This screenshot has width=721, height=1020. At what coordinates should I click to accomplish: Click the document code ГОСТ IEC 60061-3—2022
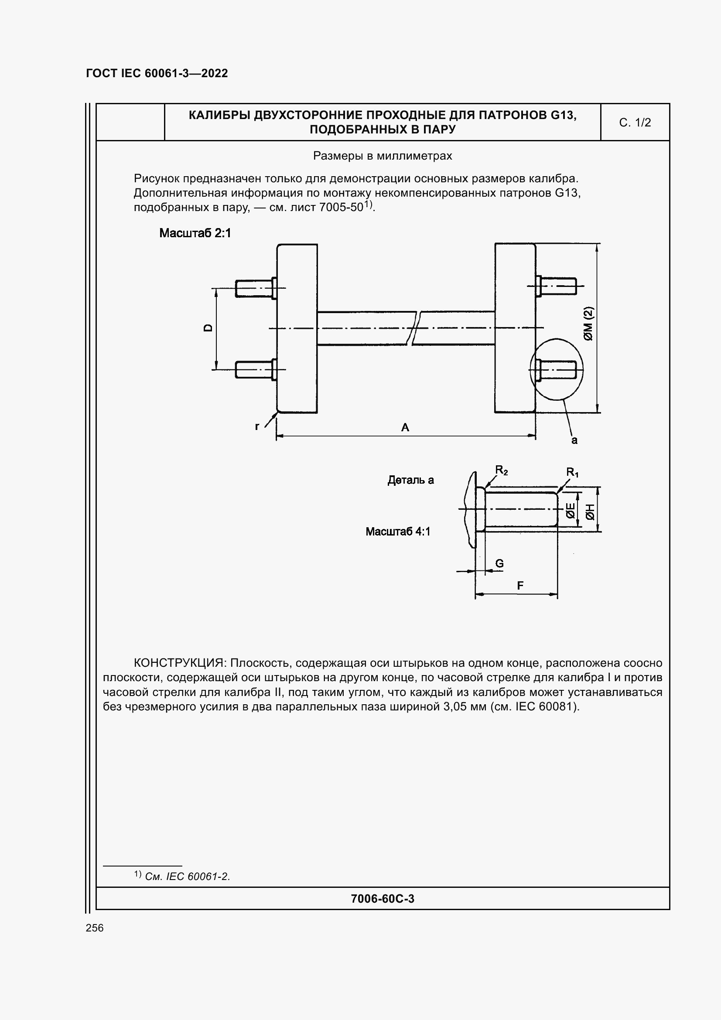[x=157, y=73]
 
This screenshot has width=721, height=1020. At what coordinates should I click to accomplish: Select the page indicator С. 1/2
[x=634, y=123]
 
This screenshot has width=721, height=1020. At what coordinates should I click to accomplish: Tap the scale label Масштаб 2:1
[x=195, y=233]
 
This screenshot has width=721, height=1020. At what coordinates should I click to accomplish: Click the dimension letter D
[x=208, y=328]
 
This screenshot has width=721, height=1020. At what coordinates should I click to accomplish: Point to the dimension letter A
[x=405, y=427]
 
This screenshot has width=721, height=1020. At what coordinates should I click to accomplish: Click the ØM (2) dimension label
[x=588, y=324]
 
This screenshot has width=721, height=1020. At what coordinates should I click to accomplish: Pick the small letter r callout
[x=257, y=426]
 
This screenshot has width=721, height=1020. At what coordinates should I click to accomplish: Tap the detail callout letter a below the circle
[x=574, y=440]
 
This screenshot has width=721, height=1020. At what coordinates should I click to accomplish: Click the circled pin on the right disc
[x=557, y=369]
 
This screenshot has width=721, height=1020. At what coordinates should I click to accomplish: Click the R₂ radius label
[x=501, y=470]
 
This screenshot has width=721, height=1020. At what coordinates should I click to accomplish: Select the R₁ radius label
[x=572, y=472]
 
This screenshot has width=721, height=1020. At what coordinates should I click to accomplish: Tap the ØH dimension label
[x=590, y=512]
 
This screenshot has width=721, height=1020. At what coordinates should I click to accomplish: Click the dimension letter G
[x=499, y=563]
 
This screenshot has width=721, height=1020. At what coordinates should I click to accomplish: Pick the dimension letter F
[x=520, y=586]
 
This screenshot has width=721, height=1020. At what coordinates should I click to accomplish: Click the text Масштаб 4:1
[x=398, y=532]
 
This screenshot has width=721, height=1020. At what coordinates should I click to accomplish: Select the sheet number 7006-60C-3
[x=382, y=899]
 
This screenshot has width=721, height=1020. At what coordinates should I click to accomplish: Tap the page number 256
[x=95, y=928]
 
